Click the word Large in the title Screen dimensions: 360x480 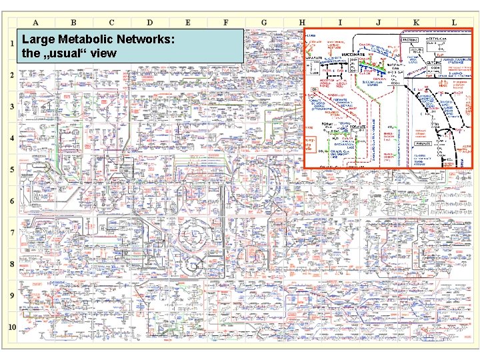[x=37, y=41]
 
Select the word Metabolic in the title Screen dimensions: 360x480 [x=82, y=41]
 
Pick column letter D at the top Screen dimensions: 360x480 [x=149, y=22]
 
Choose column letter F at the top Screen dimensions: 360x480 [x=225, y=22]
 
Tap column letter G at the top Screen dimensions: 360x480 [x=264, y=22]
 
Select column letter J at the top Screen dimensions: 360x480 [x=378, y=22]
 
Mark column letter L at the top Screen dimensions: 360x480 [x=454, y=22]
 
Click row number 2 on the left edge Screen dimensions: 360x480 [x=11, y=75]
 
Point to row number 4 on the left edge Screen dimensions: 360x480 [x=11, y=138]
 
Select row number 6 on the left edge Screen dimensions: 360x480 [x=11, y=201]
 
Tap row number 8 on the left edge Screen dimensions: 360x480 [x=11, y=264]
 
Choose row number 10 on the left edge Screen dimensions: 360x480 [x=12, y=327]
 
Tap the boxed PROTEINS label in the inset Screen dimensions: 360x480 [x=409, y=40]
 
